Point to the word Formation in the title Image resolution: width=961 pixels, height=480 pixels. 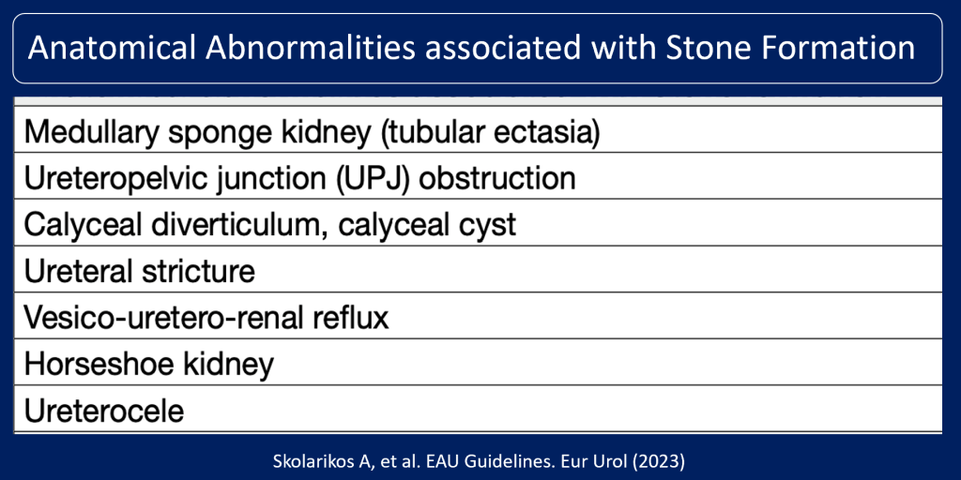point(842,48)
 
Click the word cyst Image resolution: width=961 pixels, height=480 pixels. point(487,225)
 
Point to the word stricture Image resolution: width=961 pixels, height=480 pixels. point(199,272)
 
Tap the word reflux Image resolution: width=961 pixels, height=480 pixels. point(352,318)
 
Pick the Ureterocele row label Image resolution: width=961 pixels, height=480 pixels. point(104,411)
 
